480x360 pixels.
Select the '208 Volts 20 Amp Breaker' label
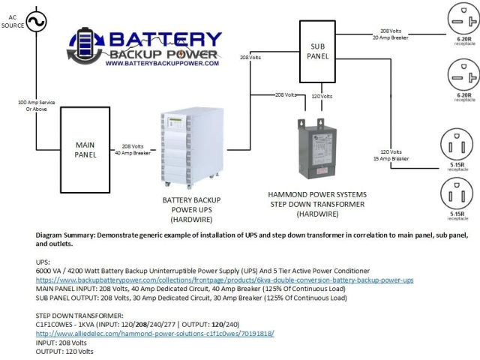coord(395,34)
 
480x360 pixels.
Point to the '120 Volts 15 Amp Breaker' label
coord(395,155)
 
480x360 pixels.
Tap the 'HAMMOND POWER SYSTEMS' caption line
coord(316,194)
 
